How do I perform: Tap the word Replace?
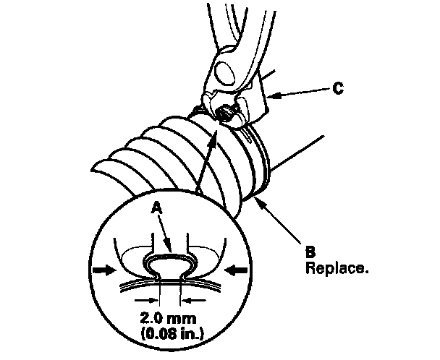tap(338, 268)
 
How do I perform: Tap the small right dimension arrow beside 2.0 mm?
tap(187, 299)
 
